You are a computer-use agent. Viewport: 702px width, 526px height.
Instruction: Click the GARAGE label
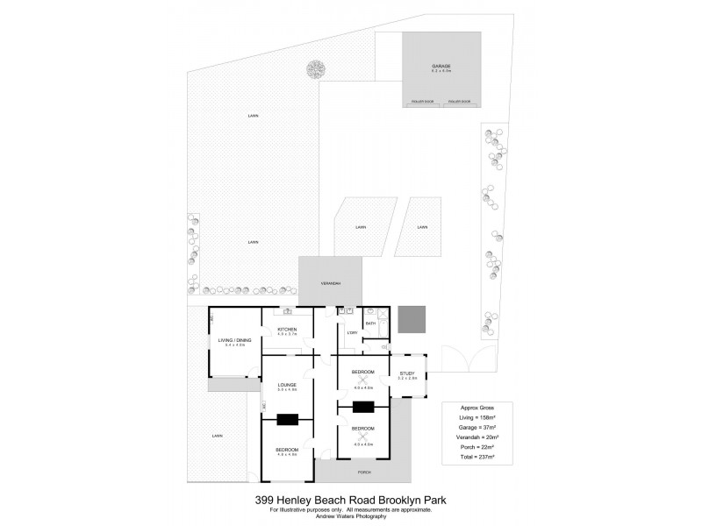(441, 67)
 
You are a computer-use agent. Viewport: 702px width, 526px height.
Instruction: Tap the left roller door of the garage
(422, 102)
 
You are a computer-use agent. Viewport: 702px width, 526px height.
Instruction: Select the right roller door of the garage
(460, 102)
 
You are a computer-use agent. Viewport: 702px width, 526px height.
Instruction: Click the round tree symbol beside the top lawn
(314, 69)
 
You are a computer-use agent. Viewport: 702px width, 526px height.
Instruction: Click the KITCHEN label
(288, 330)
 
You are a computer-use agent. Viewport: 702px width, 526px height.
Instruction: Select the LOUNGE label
(287, 384)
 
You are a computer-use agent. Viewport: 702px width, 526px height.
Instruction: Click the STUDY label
(407, 374)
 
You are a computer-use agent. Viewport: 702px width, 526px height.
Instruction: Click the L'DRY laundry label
(351, 333)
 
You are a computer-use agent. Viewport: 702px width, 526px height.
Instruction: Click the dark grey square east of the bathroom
(411, 319)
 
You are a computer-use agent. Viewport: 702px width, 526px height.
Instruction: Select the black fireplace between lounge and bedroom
(288, 419)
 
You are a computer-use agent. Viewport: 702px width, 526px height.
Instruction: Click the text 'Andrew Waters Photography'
(350, 515)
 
